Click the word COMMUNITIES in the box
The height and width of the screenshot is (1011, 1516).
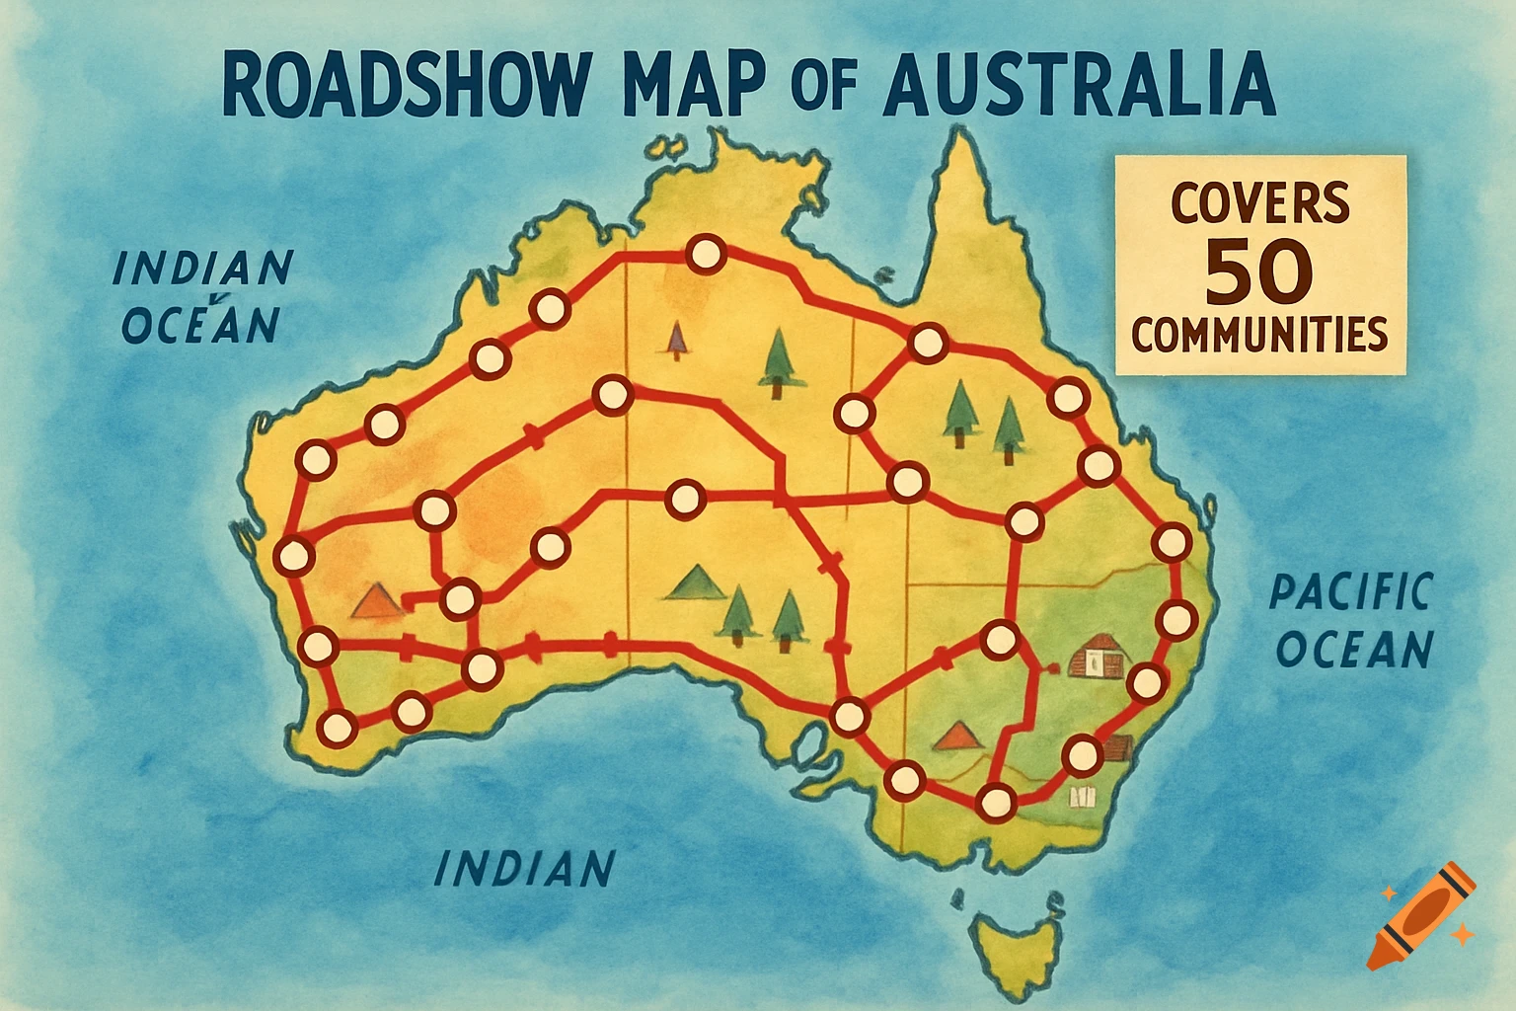(1259, 335)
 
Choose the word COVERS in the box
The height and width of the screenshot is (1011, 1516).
(1259, 202)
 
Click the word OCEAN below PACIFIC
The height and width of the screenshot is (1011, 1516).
(1354, 650)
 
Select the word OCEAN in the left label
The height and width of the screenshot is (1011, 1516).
(201, 325)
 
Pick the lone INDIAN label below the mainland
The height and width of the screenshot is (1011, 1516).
(524, 869)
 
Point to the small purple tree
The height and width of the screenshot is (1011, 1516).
(676, 339)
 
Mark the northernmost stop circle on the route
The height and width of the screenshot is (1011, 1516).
(705, 255)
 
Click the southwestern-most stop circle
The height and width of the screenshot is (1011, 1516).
(337, 729)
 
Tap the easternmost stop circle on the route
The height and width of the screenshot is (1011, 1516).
(1175, 620)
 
